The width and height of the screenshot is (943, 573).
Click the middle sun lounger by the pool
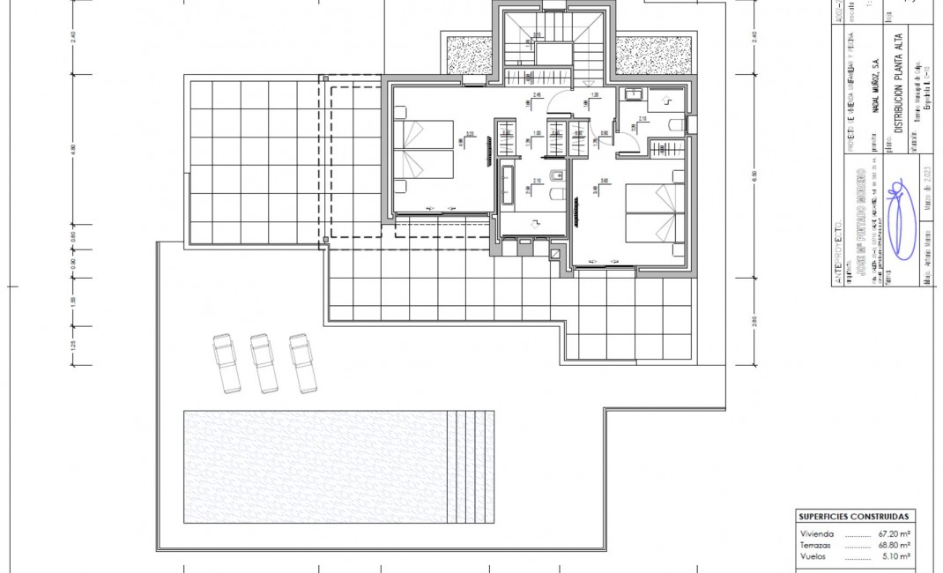(264, 362)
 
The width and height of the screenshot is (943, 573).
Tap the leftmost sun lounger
(226, 362)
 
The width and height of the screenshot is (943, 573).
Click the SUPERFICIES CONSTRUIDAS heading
(854, 517)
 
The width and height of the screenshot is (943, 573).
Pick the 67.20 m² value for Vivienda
(894, 534)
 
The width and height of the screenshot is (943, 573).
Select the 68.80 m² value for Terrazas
(894, 546)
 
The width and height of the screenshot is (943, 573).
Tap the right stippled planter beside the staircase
(642, 55)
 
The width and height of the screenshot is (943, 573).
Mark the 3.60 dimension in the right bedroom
(605, 182)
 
